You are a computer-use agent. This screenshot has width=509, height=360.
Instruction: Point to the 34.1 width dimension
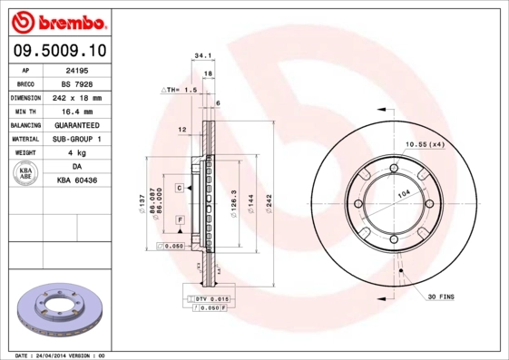[x=203, y=55]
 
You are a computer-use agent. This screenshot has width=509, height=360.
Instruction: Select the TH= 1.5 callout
[x=181, y=91]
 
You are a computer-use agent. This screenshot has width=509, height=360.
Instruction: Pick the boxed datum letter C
[x=181, y=187]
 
